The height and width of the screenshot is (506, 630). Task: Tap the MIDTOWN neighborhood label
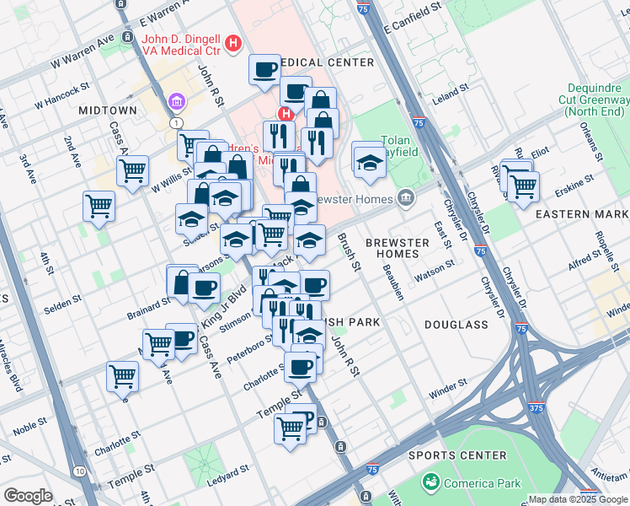(107, 110)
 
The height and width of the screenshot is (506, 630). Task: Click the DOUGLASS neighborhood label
(456, 324)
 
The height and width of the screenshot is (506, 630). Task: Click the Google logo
(28, 496)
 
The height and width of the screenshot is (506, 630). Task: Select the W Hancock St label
(61, 95)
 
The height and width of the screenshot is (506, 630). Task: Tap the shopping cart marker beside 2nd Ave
(99, 207)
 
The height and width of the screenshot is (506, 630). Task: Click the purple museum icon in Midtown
(177, 102)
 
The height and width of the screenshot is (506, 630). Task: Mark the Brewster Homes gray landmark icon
(407, 199)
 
